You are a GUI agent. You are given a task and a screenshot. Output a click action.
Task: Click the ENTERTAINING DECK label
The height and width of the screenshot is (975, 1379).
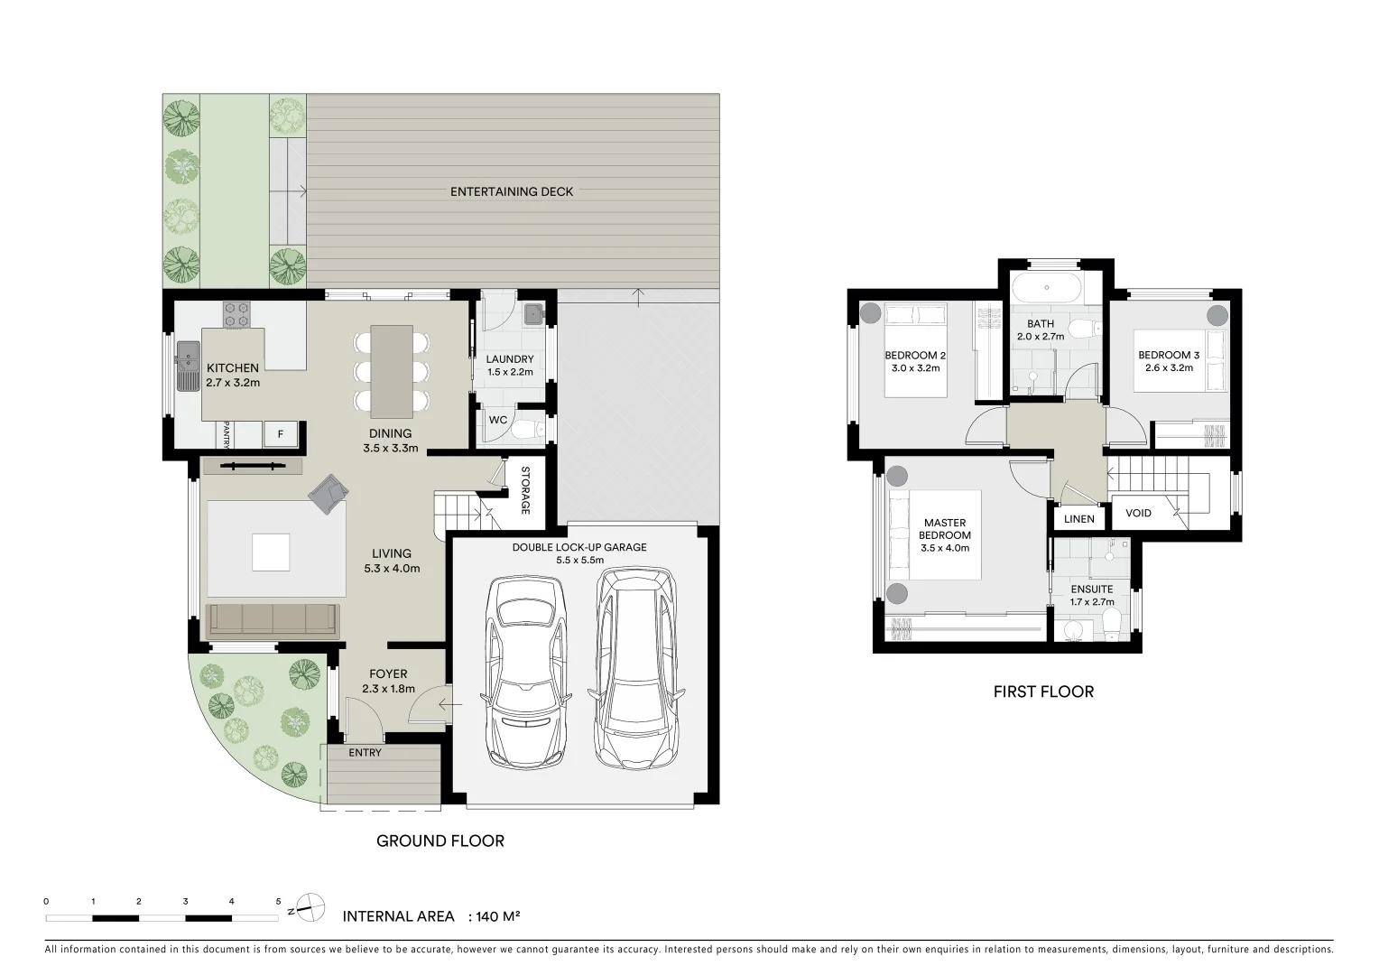point(511,191)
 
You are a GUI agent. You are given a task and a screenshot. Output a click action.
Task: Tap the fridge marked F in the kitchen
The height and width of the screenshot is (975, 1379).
point(280,434)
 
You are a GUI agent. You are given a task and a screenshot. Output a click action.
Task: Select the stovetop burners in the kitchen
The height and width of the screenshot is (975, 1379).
point(237,314)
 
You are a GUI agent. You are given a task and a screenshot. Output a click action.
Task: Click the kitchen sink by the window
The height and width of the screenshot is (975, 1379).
point(188,367)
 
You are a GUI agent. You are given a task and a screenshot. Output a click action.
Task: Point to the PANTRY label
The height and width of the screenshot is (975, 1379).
point(227,434)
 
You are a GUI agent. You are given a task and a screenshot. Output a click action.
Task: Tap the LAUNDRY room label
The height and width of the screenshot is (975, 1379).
point(510,359)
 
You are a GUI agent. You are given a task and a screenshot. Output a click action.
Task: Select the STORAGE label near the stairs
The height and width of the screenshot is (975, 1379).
point(524,490)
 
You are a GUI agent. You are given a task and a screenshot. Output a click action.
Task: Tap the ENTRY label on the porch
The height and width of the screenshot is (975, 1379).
point(365,752)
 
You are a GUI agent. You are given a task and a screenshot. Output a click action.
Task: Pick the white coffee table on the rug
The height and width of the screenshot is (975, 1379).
point(271,552)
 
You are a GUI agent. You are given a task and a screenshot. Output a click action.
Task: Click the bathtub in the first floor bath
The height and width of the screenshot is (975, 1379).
point(1046,289)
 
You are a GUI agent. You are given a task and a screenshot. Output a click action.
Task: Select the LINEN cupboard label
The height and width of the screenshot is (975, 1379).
point(1078,518)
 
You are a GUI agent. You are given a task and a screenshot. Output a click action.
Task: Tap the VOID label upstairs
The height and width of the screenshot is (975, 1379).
point(1138,513)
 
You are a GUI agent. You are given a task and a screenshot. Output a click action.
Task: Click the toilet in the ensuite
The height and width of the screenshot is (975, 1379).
point(1112,623)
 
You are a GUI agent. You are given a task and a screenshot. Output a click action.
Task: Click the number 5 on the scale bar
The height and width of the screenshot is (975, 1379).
point(278,901)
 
